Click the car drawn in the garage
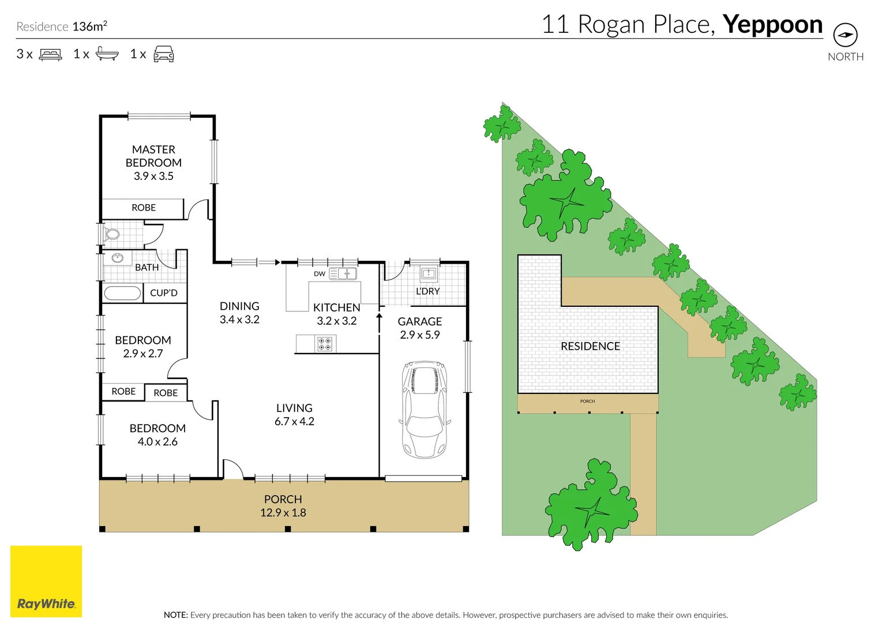tap(425, 410)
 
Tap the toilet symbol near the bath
tap(112, 234)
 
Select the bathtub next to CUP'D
tap(122, 293)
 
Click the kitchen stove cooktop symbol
tap(325, 344)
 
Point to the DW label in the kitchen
tap(319, 274)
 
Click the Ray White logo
tap(46, 581)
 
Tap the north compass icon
tap(846, 35)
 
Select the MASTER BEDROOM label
tap(153, 156)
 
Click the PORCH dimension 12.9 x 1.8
tap(283, 512)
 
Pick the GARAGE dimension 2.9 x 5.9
tap(420, 335)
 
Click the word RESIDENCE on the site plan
tap(590, 346)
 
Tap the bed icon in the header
tap(50, 54)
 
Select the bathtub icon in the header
tap(107, 54)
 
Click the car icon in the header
tap(164, 54)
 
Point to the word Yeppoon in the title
tap(772, 25)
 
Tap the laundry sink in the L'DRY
tap(429, 273)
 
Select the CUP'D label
tap(164, 292)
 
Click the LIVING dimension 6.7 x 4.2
tap(294, 421)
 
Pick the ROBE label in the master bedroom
tap(144, 208)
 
